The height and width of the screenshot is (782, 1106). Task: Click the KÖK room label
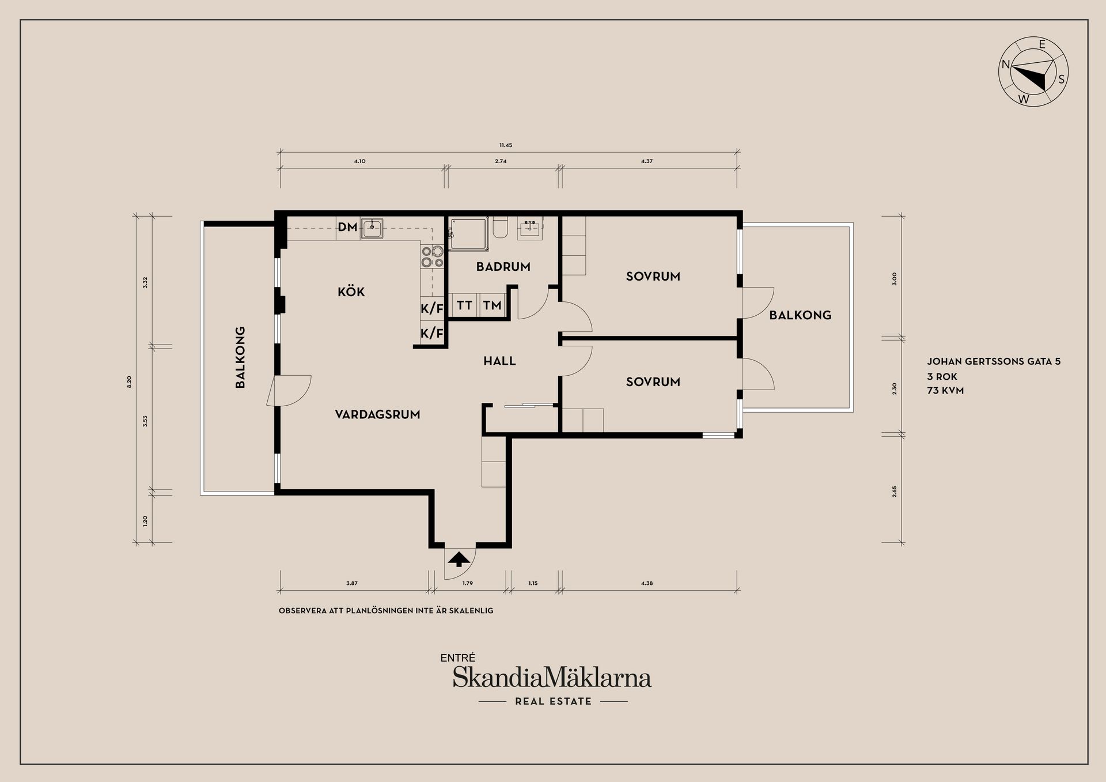(351, 292)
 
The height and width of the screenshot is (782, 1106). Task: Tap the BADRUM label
(503, 267)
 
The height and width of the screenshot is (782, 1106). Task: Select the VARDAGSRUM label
(377, 414)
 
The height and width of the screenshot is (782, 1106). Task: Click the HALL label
(499, 361)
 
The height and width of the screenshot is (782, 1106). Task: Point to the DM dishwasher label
(347, 227)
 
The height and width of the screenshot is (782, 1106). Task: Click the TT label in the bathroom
(464, 305)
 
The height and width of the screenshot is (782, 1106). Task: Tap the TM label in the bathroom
(492, 305)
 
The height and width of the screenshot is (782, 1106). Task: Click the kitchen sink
(372, 228)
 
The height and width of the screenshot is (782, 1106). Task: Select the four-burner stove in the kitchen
(433, 256)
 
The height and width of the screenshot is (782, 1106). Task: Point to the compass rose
(1033, 72)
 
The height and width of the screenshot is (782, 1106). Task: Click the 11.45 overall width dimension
(506, 145)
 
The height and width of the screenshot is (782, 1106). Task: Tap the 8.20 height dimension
(129, 381)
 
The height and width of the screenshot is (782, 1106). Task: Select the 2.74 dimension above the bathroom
(501, 161)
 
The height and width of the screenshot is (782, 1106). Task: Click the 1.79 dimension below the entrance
(468, 583)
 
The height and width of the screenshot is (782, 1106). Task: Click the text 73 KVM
(945, 391)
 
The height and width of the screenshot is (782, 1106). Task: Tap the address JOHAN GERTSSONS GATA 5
(994, 362)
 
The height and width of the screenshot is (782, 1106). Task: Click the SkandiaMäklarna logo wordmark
(552, 678)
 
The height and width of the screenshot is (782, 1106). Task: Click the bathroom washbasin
(531, 229)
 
